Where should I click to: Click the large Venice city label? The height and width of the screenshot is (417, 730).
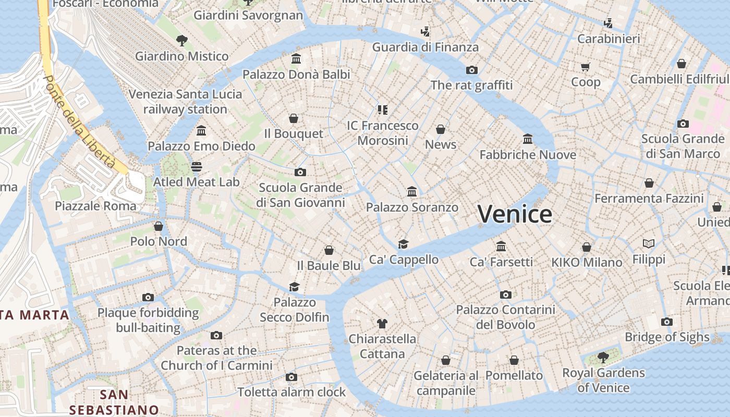coord(515,214)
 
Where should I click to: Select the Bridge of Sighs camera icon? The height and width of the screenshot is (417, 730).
coord(666,322)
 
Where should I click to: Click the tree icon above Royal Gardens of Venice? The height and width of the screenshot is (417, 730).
coord(603,358)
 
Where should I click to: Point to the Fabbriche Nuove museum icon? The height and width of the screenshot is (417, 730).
coord(528,139)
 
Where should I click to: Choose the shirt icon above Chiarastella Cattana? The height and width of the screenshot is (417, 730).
coord(382,324)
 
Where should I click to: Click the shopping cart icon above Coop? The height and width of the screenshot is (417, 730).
coord(586,67)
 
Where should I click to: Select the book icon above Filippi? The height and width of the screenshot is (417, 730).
coord(649,243)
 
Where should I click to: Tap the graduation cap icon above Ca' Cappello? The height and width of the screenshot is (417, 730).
coord(404,244)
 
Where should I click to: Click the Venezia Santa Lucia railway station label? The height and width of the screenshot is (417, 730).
coord(185,102)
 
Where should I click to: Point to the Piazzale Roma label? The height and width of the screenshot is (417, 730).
coord(95,206)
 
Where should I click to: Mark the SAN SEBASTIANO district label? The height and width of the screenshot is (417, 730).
coord(114,402)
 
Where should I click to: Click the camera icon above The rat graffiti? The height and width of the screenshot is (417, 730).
coord(472,70)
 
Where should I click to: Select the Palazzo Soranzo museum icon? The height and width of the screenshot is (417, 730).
coord(412,192)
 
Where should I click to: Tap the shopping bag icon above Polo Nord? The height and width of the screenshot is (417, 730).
coord(159,226)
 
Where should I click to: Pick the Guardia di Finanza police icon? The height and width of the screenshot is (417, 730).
coord(425,32)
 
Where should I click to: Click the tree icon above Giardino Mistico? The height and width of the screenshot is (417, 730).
coord(181,40)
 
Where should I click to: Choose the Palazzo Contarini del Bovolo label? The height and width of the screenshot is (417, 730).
coord(505,317)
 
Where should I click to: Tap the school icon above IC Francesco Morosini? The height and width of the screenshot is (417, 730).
coord(383,110)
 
